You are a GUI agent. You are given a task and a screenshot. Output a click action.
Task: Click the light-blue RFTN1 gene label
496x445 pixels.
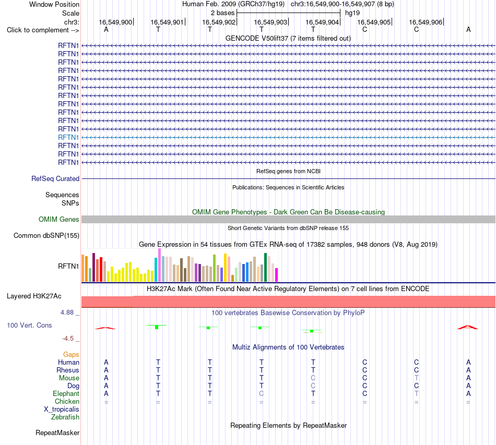pyautogui.click(x=68, y=138)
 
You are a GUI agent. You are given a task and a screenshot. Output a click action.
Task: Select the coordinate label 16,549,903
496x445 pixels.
pyautogui.click(x=270, y=22)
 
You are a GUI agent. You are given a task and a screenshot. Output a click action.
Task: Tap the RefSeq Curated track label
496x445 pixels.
pyautogui.click(x=55, y=178)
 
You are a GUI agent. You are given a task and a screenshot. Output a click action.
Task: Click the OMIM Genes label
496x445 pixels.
pyautogui.click(x=59, y=219)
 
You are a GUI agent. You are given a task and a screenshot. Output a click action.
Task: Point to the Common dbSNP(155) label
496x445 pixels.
pyautogui.click(x=46, y=235)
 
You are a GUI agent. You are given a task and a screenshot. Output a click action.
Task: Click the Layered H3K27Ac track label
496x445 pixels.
pyautogui.click(x=34, y=296)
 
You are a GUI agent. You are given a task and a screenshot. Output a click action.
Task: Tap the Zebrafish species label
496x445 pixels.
pyautogui.click(x=65, y=417)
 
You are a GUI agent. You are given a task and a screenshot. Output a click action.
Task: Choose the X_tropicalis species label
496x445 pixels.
pyautogui.click(x=62, y=410)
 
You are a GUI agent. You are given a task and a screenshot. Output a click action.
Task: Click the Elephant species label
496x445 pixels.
pyautogui.click(x=66, y=393)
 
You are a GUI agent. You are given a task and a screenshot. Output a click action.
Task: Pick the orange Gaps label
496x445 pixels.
pyautogui.click(x=71, y=355)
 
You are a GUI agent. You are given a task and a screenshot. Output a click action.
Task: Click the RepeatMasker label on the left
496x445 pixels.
pyautogui.click(x=57, y=432)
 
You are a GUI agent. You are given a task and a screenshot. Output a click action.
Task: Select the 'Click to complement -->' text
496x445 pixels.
pyautogui.click(x=43, y=30)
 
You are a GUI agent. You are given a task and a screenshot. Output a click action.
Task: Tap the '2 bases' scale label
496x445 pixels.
pyautogui.click(x=223, y=13)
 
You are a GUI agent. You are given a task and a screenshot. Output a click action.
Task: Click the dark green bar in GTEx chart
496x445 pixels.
pyautogui.click(x=265, y=268)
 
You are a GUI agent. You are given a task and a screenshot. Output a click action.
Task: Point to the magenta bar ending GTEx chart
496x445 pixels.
pyautogui.click(x=277, y=275)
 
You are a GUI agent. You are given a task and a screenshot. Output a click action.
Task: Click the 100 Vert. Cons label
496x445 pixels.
pyautogui.click(x=29, y=325)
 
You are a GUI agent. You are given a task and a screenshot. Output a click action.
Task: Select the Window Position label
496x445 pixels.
pyautogui.click(x=54, y=4)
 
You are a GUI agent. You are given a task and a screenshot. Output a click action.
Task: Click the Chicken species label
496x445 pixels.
pyautogui.click(x=67, y=401)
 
